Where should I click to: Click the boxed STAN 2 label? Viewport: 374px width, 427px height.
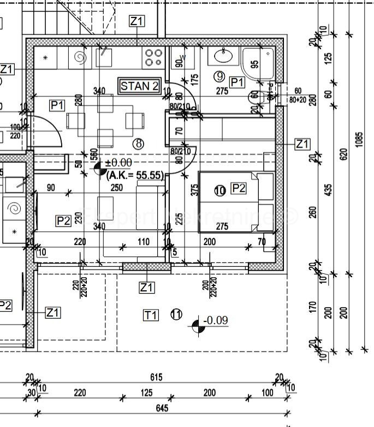140,86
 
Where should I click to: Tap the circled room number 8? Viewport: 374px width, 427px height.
139,143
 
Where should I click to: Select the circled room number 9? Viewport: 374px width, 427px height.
219,76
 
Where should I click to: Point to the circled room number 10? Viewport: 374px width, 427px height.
219,190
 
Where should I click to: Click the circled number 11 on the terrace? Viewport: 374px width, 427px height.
176,314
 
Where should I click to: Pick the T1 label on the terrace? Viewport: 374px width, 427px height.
151,315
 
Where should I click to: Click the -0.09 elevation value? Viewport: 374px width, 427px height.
215,320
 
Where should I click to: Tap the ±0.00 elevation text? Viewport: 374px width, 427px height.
118,163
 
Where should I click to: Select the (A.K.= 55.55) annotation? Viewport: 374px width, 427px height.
135,175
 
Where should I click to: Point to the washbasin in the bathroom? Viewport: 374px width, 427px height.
223,56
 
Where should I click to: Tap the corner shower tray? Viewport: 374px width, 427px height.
259,63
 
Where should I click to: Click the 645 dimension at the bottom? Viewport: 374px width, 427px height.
162,408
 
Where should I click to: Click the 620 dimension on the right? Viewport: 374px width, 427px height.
343,155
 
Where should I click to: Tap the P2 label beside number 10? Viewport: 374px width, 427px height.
239,189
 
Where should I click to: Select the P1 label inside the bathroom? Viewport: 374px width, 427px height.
236,82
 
